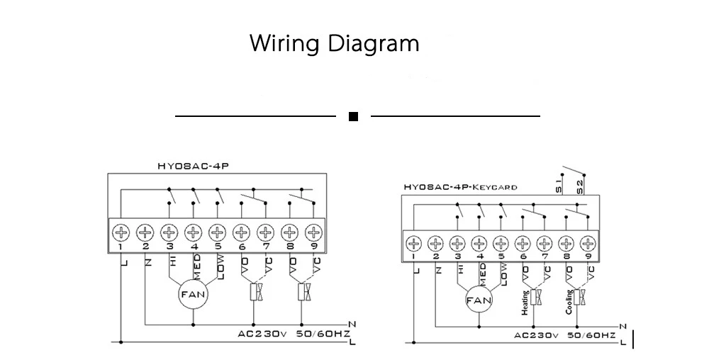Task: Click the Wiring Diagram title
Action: (335, 44)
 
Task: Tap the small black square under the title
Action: (353, 116)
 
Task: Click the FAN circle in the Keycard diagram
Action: (479, 300)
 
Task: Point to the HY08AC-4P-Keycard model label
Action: (459, 188)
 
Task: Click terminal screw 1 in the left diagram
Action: (121, 232)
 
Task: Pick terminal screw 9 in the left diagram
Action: (313, 232)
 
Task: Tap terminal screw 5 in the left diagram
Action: (217, 232)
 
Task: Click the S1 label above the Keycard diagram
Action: (559, 187)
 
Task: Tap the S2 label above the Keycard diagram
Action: (580, 187)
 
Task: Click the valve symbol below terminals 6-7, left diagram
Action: (253, 292)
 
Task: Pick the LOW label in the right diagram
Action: (503, 273)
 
